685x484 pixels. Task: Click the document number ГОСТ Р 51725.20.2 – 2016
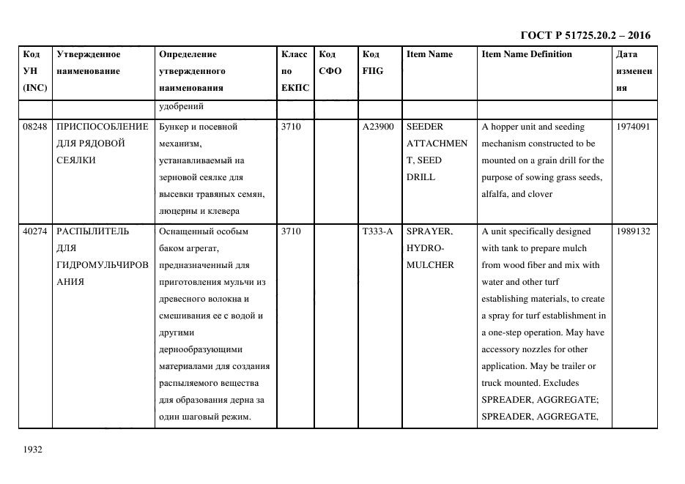(585, 35)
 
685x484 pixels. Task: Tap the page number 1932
(34, 450)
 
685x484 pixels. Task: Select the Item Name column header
(429, 54)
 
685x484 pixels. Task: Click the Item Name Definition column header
(527, 54)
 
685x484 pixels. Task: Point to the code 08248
(34, 127)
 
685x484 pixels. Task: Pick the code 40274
(34, 231)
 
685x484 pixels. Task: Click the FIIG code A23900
(378, 127)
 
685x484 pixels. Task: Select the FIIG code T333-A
(377, 231)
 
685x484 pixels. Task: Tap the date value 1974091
(634, 127)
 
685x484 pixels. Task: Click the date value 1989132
(634, 231)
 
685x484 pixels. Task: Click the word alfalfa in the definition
(495, 194)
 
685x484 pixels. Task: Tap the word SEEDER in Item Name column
(425, 127)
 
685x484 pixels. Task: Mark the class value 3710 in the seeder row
(291, 127)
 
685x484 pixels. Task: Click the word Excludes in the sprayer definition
(561, 383)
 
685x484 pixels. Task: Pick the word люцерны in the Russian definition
(178, 212)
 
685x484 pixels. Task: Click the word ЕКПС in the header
(295, 88)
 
